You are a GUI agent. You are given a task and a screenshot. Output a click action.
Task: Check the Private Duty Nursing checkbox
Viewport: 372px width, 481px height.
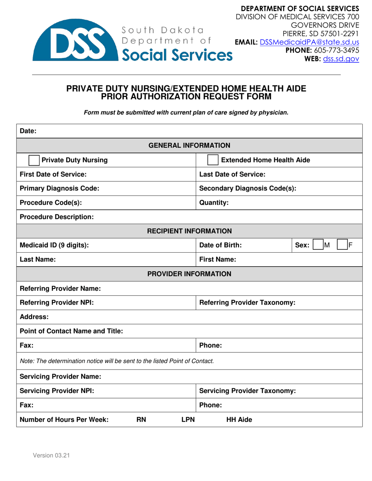(34, 160)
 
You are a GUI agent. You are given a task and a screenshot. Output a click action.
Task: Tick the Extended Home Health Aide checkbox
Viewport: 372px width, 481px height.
(213, 160)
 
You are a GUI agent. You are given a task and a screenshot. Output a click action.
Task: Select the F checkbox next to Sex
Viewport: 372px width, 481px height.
(343, 245)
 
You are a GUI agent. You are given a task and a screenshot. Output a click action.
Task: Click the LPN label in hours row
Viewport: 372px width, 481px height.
(188, 420)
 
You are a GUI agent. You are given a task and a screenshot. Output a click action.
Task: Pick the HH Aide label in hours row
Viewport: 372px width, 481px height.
(240, 420)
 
